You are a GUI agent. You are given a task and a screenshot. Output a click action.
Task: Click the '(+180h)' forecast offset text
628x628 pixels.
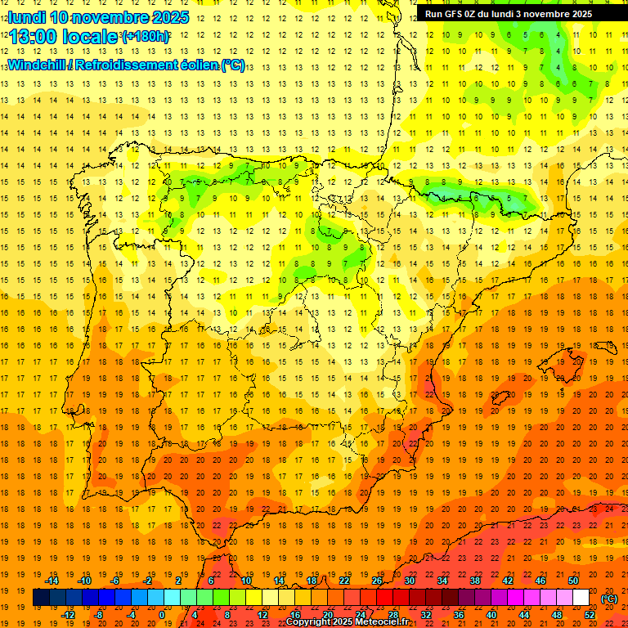(x=146, y=37)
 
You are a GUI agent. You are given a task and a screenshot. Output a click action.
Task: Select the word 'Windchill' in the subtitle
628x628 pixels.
(x=36, y=65)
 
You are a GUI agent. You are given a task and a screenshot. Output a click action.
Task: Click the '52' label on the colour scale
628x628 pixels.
(x=590, y=615)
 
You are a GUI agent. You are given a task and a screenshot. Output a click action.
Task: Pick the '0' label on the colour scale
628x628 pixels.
(x=162, y=615)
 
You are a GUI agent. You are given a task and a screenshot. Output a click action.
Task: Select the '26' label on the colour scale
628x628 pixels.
(x=377, y=581)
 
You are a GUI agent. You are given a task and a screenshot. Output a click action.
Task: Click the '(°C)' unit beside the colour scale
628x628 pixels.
(x=609, y=599)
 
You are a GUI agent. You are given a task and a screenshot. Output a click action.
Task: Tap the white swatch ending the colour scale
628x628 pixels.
(x=581, y=598)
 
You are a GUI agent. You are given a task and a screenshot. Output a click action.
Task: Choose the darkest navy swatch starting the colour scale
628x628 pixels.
(x=41, y=598)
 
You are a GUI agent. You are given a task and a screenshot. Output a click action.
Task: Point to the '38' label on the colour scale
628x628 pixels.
(x=475, y=581)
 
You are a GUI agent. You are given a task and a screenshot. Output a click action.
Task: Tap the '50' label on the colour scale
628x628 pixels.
(x=573, y=581)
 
